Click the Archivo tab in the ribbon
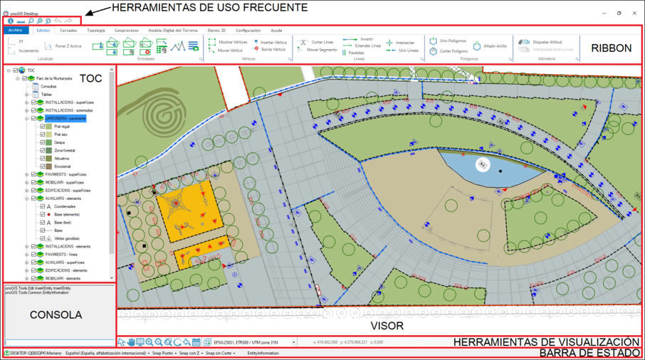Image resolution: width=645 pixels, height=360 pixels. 16,31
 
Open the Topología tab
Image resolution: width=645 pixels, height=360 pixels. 95,31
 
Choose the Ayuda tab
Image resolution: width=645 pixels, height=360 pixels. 276,31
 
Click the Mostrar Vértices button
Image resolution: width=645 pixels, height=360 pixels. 232,42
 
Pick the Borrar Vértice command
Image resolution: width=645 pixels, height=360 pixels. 273,50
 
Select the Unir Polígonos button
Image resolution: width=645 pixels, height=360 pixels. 453,41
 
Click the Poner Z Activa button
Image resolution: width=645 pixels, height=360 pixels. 68,46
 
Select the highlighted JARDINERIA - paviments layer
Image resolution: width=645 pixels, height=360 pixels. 65,118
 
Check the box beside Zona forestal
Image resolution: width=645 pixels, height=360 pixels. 42,150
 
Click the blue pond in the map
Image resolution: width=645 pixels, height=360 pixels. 491,167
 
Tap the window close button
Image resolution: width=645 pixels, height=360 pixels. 634,13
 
